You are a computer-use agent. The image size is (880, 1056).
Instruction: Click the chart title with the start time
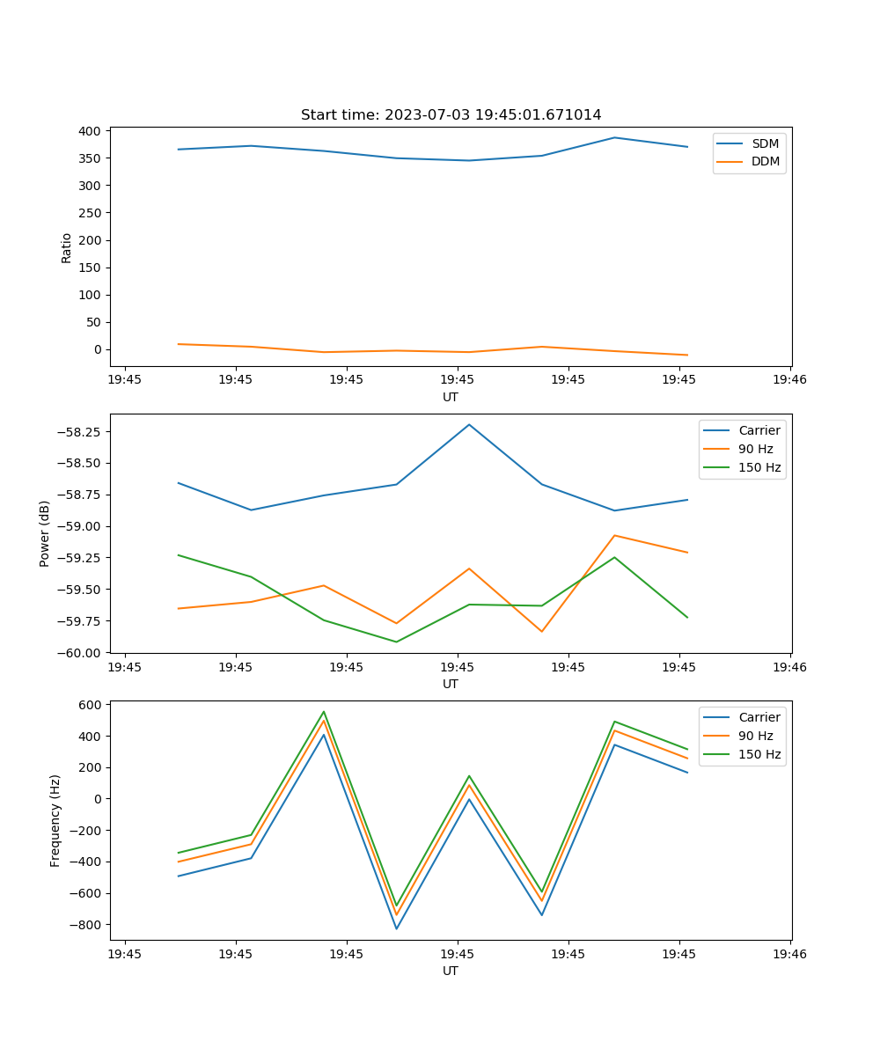[x=451, y=115]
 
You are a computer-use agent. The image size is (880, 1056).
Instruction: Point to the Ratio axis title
[x=67, y=248]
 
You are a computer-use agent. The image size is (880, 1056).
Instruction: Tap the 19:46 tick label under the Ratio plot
[x=789, y=380]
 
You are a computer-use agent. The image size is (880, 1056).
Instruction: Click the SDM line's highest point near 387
[x=614, y=137]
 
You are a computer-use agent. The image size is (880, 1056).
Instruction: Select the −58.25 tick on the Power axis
[x=80, y=432]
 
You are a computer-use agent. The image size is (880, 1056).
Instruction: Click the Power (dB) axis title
[x=45, y=533]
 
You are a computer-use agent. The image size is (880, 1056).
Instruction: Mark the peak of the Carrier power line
[x=469, y=424]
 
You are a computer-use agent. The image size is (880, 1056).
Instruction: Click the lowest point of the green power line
[x=396, y=642]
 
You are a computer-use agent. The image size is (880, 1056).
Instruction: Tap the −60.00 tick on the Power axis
[x=80, y=653]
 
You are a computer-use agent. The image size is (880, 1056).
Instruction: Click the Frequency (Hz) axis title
[x=55, y=821]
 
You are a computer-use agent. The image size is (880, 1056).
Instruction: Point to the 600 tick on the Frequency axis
[x=91, y=705]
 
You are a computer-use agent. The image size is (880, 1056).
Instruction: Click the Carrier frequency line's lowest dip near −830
[x=396, y=928]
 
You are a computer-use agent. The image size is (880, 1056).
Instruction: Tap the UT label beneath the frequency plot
[x=451, y=972]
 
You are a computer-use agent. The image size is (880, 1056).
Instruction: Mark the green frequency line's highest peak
[x=324, y=711]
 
